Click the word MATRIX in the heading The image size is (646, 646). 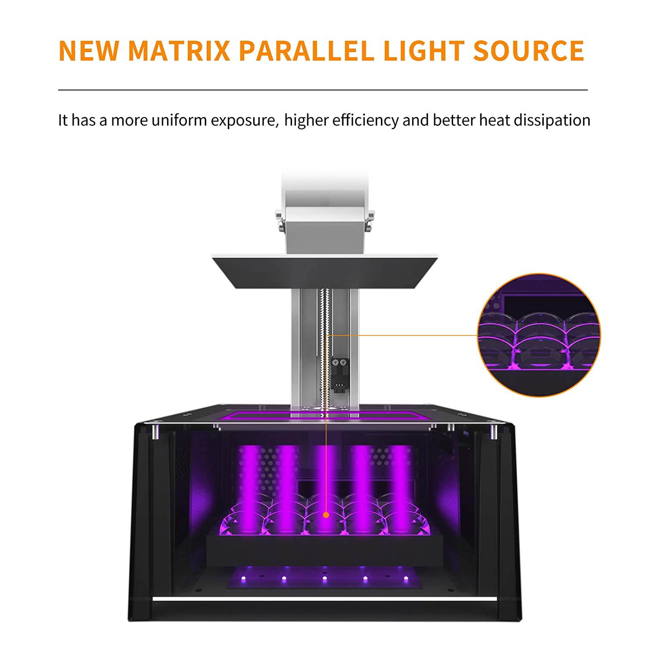click(x=179, y=51)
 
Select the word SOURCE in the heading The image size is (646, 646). click(x=528, y=51)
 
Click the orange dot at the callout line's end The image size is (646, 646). click(x=326, y=515)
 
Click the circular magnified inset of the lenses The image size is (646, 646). click(x=539, y=335)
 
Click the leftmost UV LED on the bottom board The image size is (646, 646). click(x=243, y=578)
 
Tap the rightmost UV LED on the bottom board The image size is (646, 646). click(x=406, y=578)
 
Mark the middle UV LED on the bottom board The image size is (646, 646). click(x=325, y=578)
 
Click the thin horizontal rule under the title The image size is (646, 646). click(x=323, y=90)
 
